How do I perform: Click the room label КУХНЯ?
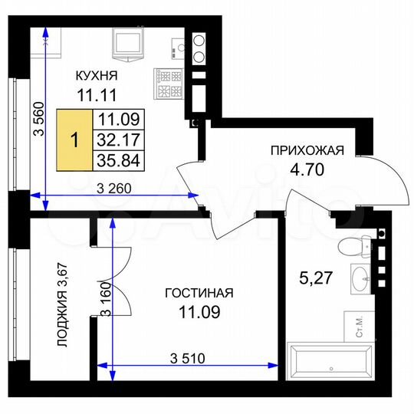[96, 75]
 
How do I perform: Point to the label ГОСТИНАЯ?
[199, 293]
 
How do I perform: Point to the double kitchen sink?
[197, 48]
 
